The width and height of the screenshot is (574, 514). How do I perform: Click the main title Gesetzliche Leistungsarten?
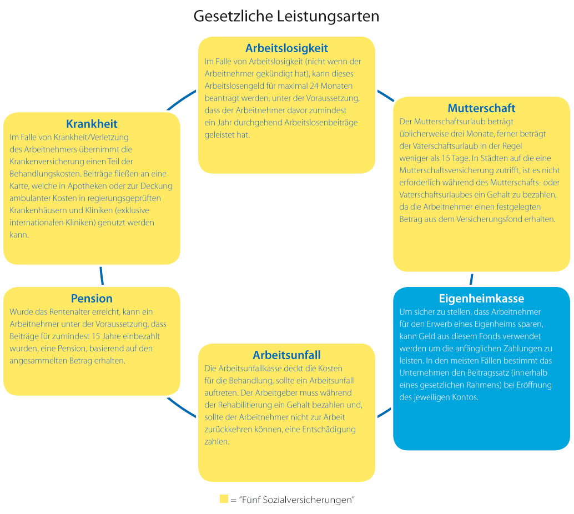point(286,16)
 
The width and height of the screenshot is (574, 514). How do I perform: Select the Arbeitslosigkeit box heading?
point(286,48)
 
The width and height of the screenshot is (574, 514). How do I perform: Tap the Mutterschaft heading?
point(481,108)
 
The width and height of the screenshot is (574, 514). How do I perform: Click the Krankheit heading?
point(92,123)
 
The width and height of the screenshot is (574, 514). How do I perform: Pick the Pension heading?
point(92,298)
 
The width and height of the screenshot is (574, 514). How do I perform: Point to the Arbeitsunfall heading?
point(286,355)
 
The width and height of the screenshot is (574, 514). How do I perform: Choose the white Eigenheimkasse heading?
point(481,298)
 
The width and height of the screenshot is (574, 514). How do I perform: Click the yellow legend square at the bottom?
point(224,499)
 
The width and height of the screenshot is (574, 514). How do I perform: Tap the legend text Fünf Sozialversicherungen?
point(296,500)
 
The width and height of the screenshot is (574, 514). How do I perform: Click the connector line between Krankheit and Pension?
point(102,275)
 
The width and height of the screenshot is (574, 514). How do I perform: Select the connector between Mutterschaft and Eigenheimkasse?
point(471,279)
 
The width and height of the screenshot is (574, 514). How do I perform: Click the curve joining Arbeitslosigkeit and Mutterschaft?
point(385,95)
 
